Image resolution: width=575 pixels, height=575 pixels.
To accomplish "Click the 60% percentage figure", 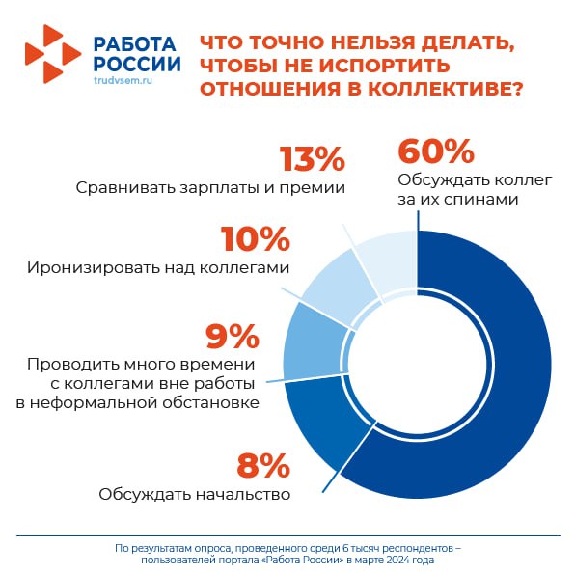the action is (x=436, y=151).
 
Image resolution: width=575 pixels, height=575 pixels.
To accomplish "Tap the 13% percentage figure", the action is (x=312, y=159).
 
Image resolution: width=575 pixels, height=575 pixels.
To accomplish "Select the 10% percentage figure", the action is (x=256, y=238).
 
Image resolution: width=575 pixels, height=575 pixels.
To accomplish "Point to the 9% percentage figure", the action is (x=233, y=336).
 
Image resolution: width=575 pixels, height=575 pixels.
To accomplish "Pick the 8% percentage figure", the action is (x=263, y=465).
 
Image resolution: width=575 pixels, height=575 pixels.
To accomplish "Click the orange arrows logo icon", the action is (x=53, y=54).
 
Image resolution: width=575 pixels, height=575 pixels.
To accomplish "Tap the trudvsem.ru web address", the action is (x=123, y=80).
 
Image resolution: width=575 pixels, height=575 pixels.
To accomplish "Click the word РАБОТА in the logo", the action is (x=134, y=44).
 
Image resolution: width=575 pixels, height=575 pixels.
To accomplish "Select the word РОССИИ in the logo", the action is (x=137, y=64).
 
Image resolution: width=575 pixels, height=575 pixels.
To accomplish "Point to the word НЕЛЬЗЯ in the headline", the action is (x=373, y=42).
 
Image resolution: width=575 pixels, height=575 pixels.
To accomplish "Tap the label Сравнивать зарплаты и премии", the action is (x=210, y=188).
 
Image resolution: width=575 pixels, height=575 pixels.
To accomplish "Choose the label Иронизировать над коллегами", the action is (x=158, y=267).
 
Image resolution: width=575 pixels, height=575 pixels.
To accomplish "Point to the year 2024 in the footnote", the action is (x=397, y=561).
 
